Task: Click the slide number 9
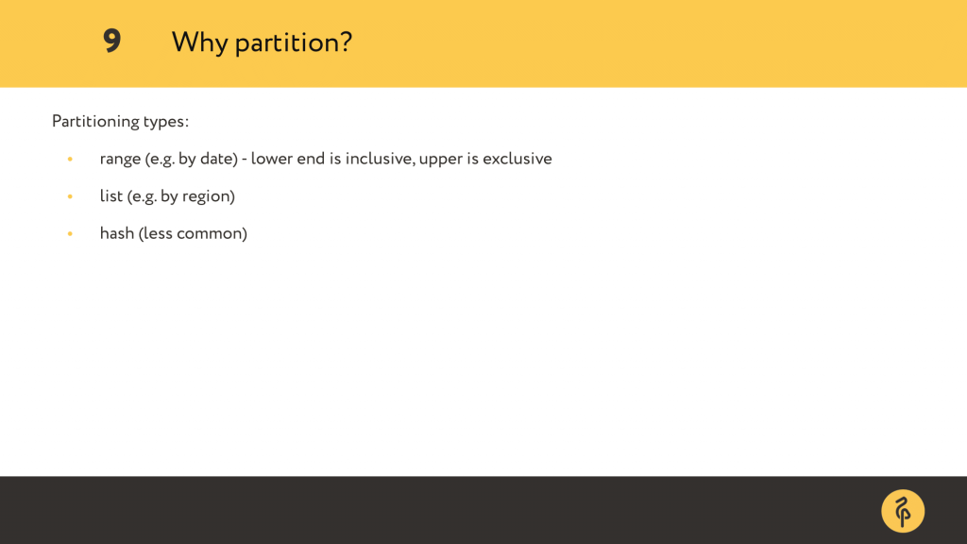coord(111,42)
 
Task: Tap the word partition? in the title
coord(294,43)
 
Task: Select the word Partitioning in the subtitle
coord(95,122)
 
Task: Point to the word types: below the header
coord(166,122)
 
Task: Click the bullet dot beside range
coord(70,159)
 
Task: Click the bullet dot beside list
coord(70,196)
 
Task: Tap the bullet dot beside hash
coord(70,234)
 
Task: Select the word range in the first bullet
coord(120,160)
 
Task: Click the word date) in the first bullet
coord(219,159)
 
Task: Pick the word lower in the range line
coord(271,159)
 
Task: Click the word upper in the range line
coord(441,160)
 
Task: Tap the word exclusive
coord(517,159)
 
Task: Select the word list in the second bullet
coord(111,196)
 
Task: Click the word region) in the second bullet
coord(209,196)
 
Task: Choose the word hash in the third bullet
coord(117,233)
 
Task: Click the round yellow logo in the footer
coord(903,511)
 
